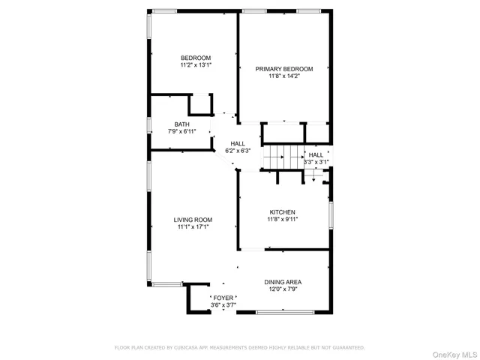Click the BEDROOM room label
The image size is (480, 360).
coord(196,58)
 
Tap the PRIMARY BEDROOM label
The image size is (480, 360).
coord(283,68)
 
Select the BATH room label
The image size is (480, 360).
coord(182,124)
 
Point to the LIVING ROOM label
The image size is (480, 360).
coord(193,220)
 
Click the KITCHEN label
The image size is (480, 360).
coord(283,212)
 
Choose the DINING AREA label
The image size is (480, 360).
coord(283,282)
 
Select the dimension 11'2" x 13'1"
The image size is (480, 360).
coord(196,65)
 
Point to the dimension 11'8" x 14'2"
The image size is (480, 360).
coord(283,76)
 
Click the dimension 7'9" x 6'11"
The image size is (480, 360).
coord(182,132)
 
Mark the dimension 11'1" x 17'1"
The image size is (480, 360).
coord(193,226)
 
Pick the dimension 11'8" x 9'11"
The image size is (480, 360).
coord(283,220)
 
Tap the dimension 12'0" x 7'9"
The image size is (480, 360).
coord(283,289)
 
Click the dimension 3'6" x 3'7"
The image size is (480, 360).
coord(223,305)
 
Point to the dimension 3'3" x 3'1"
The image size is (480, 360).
coord(316,161)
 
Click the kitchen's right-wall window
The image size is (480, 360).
coord(331,213)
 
